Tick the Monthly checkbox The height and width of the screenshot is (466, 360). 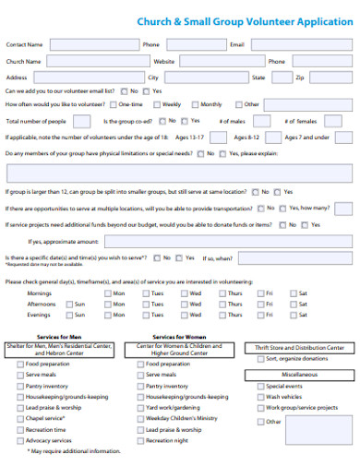(x=195, y=104)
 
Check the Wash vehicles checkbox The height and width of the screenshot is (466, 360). (x=260, y=397)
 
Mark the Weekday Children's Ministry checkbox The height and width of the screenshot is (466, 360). (x=140, y=417)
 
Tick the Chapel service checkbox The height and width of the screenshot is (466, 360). (x=19, y=417)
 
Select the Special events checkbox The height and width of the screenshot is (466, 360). (x=260, y=386)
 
